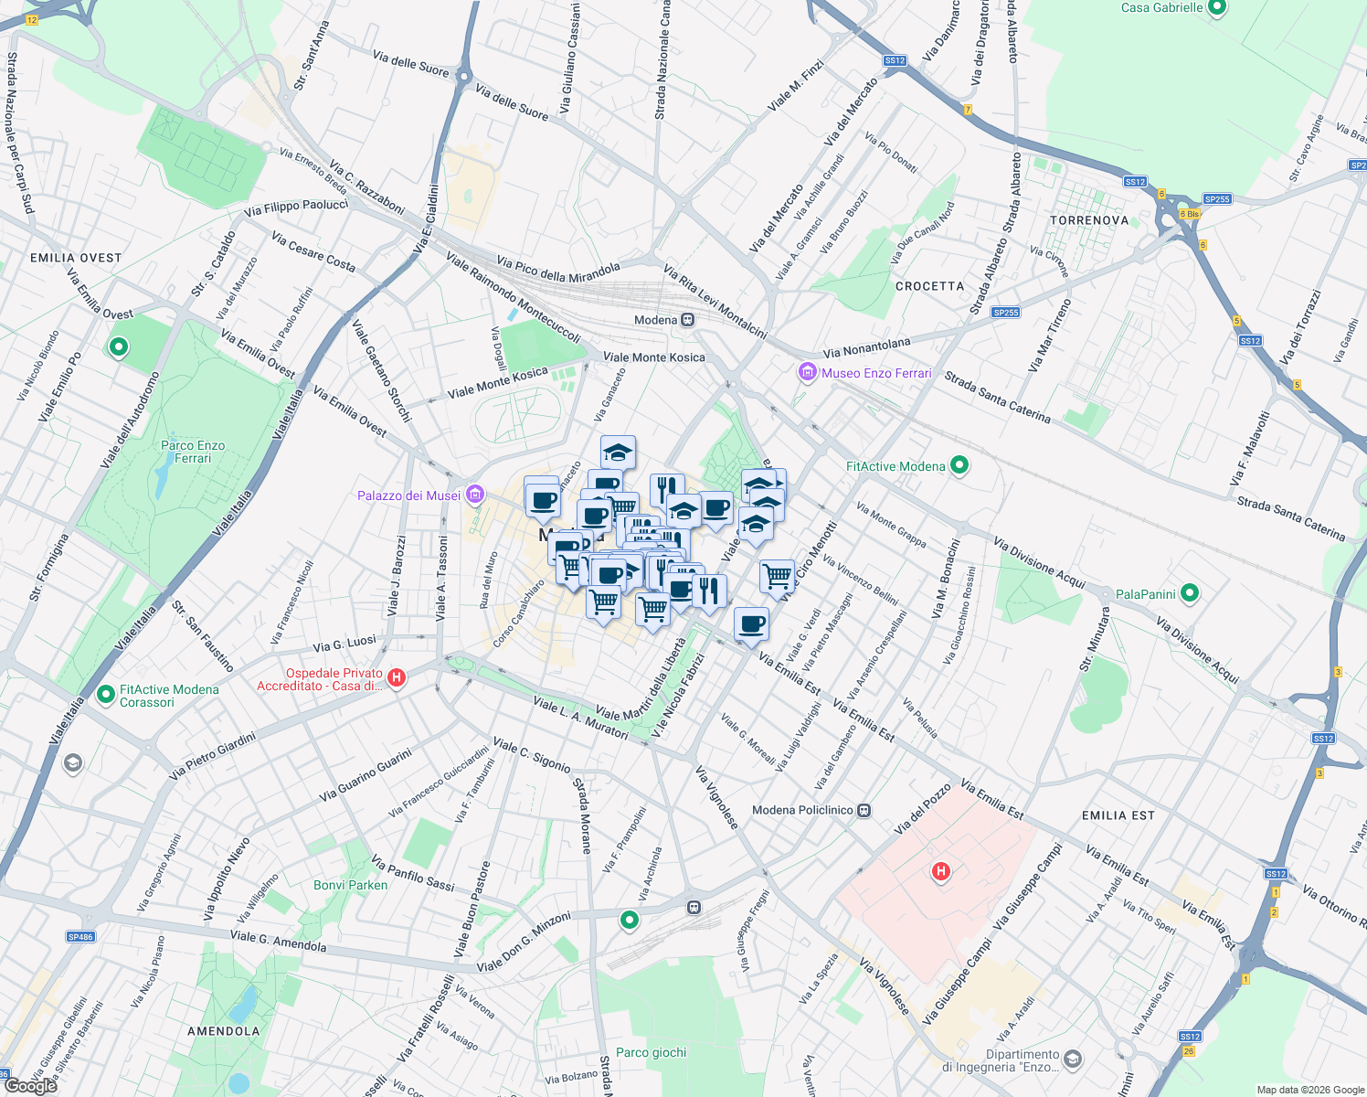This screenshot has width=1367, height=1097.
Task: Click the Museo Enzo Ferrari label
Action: (876, 373)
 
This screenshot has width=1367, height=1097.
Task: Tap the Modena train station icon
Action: (688, 320)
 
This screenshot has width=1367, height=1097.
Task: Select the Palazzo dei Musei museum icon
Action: (474, 495)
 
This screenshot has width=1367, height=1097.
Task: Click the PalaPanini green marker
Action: (1189, 593)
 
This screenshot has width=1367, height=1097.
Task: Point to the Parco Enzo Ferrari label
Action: (193, 452)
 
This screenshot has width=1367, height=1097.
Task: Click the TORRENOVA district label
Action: (1089, 220)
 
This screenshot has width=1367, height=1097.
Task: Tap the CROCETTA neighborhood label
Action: (929, 286)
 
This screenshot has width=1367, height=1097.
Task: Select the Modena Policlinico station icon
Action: (864, 810)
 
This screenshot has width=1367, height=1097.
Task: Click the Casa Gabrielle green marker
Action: (1216, 8)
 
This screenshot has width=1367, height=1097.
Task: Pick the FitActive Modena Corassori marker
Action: (106, 696)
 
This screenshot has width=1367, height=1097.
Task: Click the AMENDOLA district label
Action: (224, 1031)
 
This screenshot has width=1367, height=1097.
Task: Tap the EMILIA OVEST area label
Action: (76, 258)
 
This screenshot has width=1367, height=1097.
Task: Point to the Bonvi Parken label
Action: (350, 885)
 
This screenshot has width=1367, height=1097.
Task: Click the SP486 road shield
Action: (80, 936)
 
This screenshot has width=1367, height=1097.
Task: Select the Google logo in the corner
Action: (30, 1086)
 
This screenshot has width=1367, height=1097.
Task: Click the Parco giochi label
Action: (651, 1052)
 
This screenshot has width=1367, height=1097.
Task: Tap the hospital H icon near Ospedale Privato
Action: (397, 677)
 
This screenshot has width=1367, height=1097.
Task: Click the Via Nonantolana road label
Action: (866, 347)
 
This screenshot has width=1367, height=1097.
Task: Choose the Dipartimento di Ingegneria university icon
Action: (1073, 1060)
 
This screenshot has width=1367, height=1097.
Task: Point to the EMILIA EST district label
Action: (1118, 815)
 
